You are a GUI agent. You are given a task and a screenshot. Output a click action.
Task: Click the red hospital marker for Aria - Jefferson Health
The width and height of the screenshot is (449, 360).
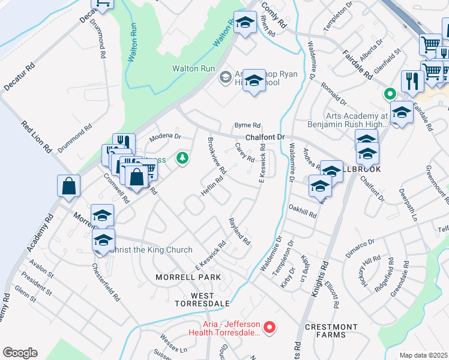[270, 327]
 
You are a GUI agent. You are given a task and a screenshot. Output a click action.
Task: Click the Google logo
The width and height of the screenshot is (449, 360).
[20, 353]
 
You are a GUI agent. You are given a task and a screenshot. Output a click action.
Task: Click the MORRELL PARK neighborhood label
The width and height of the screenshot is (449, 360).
[188, 277]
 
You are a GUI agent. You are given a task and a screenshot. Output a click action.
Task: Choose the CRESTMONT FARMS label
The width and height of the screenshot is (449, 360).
[331, 332]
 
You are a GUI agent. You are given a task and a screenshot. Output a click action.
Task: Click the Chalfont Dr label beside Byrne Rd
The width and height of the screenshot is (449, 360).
[264, 137]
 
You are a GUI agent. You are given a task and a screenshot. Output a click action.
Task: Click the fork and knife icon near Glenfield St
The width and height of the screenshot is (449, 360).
[412, 81]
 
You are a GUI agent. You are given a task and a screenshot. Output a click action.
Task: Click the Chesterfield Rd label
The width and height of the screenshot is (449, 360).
[107, 280]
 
